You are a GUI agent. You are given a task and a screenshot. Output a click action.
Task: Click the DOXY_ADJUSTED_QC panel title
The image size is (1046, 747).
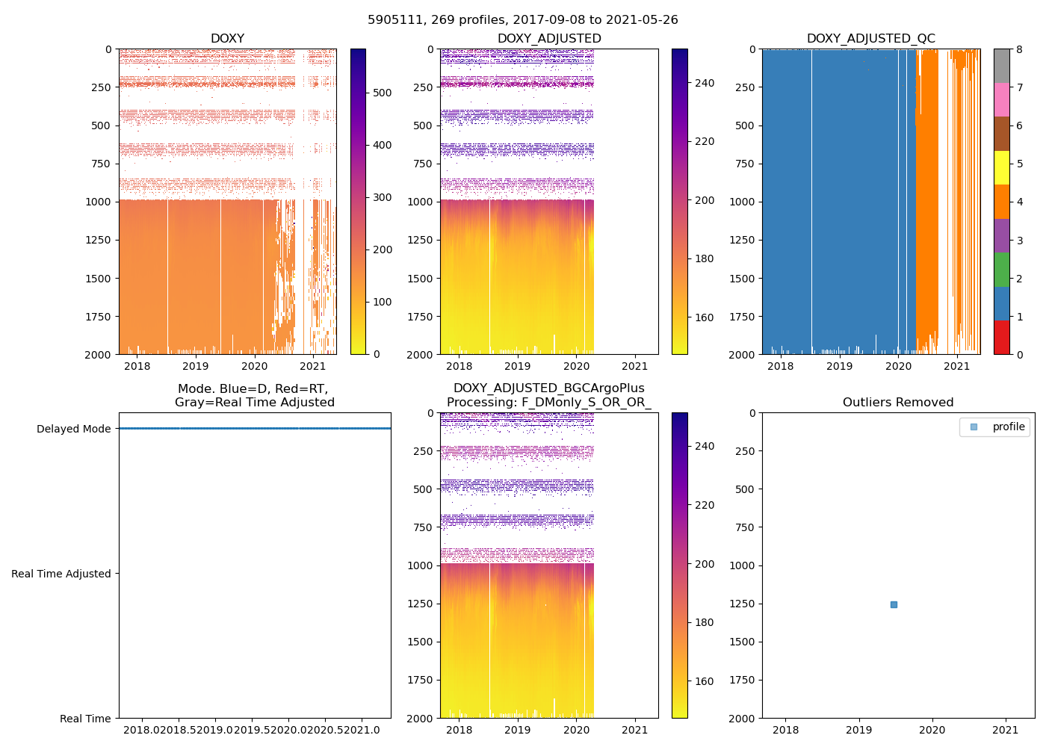pyautogui.click(x=870, y=38)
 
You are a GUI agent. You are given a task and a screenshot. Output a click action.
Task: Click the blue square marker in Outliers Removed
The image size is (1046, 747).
pyautogui.click(x=894, y=604)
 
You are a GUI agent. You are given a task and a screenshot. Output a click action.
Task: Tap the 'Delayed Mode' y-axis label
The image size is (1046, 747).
pyautogui.click(x=73, y=429)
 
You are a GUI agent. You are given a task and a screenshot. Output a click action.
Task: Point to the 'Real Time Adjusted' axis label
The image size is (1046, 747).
pyautogui.click(x=61, y=574)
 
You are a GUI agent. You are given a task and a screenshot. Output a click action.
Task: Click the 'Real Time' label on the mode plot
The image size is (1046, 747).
pyautogui.click(x=85, y=719)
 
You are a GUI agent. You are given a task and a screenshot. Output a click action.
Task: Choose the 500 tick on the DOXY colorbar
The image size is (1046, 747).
pyautogui.click(x=382, y=93)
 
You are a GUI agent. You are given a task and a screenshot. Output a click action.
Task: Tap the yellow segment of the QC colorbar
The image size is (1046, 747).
pyautogui.click(x=1001, y=167)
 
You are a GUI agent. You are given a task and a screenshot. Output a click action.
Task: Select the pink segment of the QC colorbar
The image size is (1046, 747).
pyautogui.click(x=1001, y=99)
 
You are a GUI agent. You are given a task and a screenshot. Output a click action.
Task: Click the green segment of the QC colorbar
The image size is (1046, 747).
pyautogui.click(x=1001, y=269)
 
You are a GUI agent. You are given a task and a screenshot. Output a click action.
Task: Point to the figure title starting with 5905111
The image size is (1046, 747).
pyautogui.click(x=522, y=20)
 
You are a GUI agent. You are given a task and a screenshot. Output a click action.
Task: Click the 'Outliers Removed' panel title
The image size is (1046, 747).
pyautogui.click(x=898, y=402)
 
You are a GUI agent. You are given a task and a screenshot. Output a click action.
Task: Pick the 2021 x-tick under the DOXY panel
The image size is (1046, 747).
pyautogui.click(x=312, y=366)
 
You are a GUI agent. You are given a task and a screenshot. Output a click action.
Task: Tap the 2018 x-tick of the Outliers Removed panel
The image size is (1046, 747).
pyautogui.click(x=785, y=730)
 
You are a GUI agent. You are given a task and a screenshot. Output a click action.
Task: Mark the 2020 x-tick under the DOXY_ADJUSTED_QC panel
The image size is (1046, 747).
pyautogui.click(x=898, y=366)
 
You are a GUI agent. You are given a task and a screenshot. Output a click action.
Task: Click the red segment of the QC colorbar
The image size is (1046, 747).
pyautogui.click(x=1001, y=337)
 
